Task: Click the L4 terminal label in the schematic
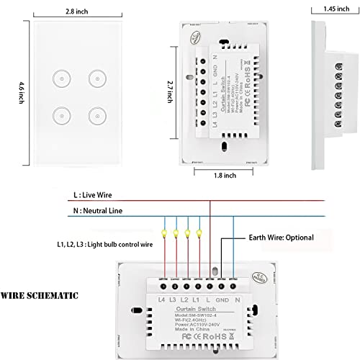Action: point(161,298)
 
